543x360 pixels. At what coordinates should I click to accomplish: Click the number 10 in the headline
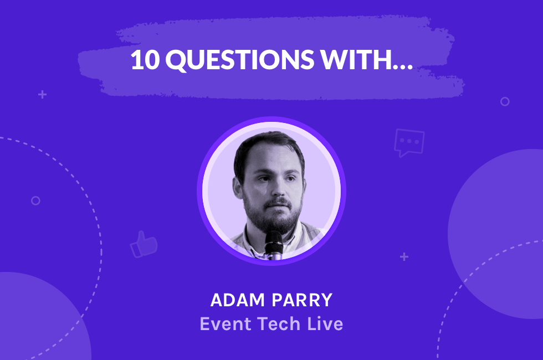click(x=145, y=60)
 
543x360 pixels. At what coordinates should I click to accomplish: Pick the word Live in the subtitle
click(x=324, y=323)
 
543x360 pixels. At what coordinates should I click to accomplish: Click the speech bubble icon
click(x=409, y=142)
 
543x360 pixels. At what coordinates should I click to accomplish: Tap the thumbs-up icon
click(x=144, y=244)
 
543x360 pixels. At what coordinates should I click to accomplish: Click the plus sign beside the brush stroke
click(x=42, y=95)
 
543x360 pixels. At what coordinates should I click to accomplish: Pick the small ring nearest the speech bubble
click(x=505, y=101)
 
